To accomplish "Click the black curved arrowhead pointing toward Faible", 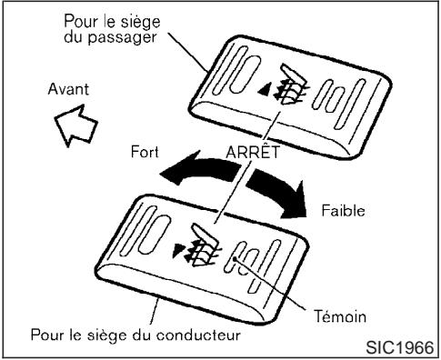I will [294, 205].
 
